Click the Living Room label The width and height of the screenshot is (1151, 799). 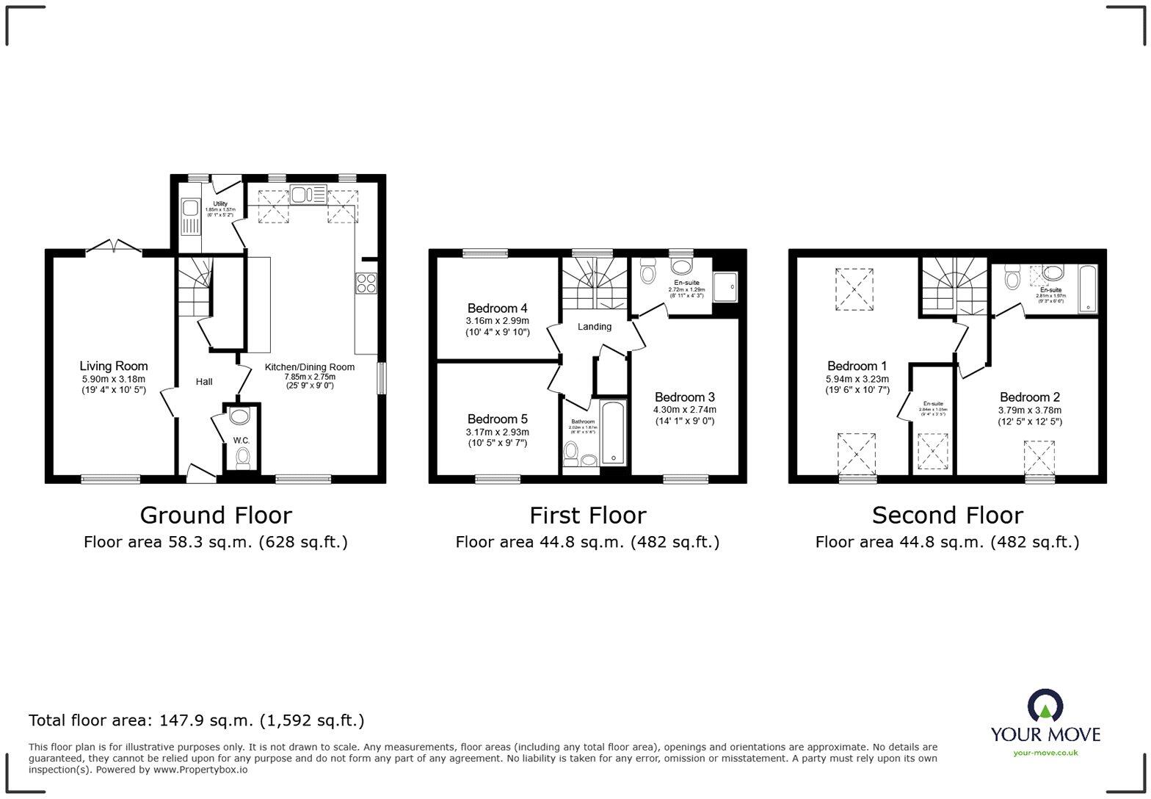114,366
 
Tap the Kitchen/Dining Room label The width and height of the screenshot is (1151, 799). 309,367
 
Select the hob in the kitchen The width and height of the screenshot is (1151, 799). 366,283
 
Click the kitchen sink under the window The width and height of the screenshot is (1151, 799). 308,195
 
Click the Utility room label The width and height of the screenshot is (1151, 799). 220,203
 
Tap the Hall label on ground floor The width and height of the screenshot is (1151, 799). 204,381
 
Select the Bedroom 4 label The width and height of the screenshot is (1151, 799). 497,308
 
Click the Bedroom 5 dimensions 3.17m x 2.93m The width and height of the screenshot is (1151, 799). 497,432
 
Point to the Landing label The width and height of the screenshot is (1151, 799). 594,326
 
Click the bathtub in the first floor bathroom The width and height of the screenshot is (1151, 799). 612,433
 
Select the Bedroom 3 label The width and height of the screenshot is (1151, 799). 684,397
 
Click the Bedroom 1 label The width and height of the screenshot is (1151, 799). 857,366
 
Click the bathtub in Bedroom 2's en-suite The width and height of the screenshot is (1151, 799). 1087,289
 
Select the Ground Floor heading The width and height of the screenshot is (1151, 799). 216,515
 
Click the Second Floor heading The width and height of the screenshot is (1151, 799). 947,515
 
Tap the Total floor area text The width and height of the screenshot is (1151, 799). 196,720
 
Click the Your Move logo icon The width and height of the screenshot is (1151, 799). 1045,706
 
